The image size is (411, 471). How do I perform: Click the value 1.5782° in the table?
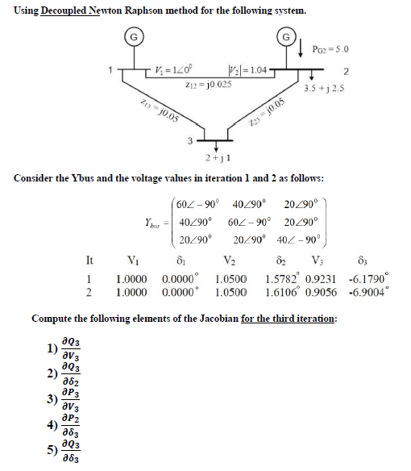coord(284,277)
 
